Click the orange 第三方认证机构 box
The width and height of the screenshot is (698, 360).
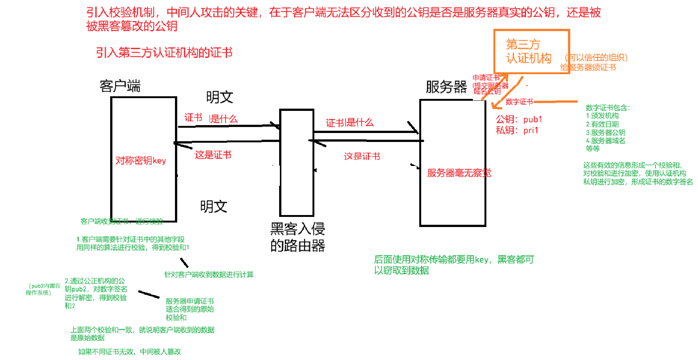[531, 51]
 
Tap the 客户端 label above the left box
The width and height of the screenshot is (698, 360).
[120, 86]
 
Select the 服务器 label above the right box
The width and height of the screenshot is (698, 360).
[446, 87]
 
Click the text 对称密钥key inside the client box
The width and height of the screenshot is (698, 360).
[140, 161]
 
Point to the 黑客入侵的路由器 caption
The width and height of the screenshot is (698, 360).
[297, 237]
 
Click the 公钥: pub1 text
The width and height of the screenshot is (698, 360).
[519, 120]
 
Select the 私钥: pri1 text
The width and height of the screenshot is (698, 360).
[517, 130]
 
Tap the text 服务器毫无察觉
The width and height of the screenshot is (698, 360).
[459, 173]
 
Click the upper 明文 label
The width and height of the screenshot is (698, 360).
[220, 97]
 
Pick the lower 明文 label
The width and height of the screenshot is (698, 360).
[214, 206]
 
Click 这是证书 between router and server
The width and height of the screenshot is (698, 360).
[362, 156]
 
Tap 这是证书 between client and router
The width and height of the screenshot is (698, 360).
[213, 155]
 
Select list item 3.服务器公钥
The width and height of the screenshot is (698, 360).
[605, 133]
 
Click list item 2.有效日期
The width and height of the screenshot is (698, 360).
[602, 124]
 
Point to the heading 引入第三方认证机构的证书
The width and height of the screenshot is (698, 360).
[164, 52]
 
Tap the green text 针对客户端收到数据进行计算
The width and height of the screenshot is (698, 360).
[209, 275]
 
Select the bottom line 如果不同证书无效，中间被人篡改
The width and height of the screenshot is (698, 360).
[129, 352]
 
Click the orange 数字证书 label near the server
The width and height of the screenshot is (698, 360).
[519, 102]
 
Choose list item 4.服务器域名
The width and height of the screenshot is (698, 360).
[605, 141]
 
